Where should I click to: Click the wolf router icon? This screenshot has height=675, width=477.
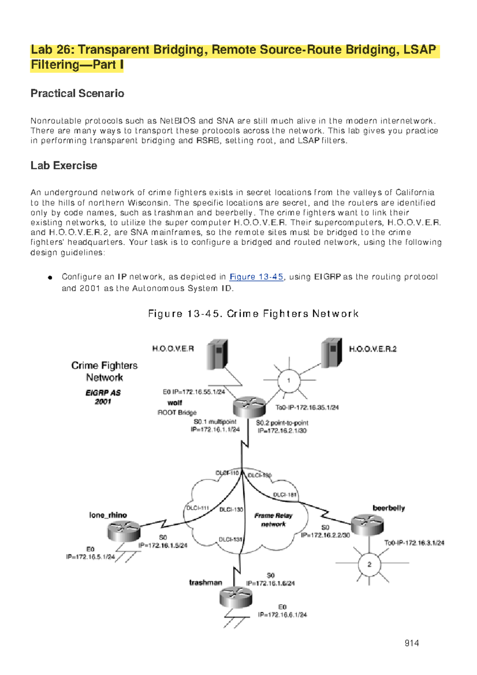tap(249, 407)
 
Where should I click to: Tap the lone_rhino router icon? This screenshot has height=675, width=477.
tap(124, 531)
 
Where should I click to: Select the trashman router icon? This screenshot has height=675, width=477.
tap(236, 597)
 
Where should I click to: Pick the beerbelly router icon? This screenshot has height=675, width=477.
tap(368, 525)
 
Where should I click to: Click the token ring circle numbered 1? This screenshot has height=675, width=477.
tap(289, 380)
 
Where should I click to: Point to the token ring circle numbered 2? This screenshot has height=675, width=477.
tap(369, 564)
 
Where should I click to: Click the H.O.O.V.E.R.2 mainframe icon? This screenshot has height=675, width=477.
tap(332, 353)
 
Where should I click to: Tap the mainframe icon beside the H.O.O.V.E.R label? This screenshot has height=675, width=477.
tap(217, 354)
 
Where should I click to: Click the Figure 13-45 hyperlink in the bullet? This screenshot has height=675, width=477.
tap(256, 277)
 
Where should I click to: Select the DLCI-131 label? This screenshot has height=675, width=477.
tap(231, 539)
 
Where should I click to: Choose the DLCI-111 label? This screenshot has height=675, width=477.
tap(198, 508)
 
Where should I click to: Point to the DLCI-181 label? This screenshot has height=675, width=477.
tap(285, 495)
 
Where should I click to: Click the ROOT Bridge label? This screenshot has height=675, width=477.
tap(177, 413)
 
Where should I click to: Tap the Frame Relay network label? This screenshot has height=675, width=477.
tap(273, 520)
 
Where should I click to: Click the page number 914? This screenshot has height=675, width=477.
tap(411, 643)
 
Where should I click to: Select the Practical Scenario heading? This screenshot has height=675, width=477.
tap(77, 93)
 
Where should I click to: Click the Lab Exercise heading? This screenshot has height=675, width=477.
tap(64, 165)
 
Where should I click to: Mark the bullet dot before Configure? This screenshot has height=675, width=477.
tap(50, 277)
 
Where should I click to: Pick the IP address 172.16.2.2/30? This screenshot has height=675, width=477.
tap(326, 535)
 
